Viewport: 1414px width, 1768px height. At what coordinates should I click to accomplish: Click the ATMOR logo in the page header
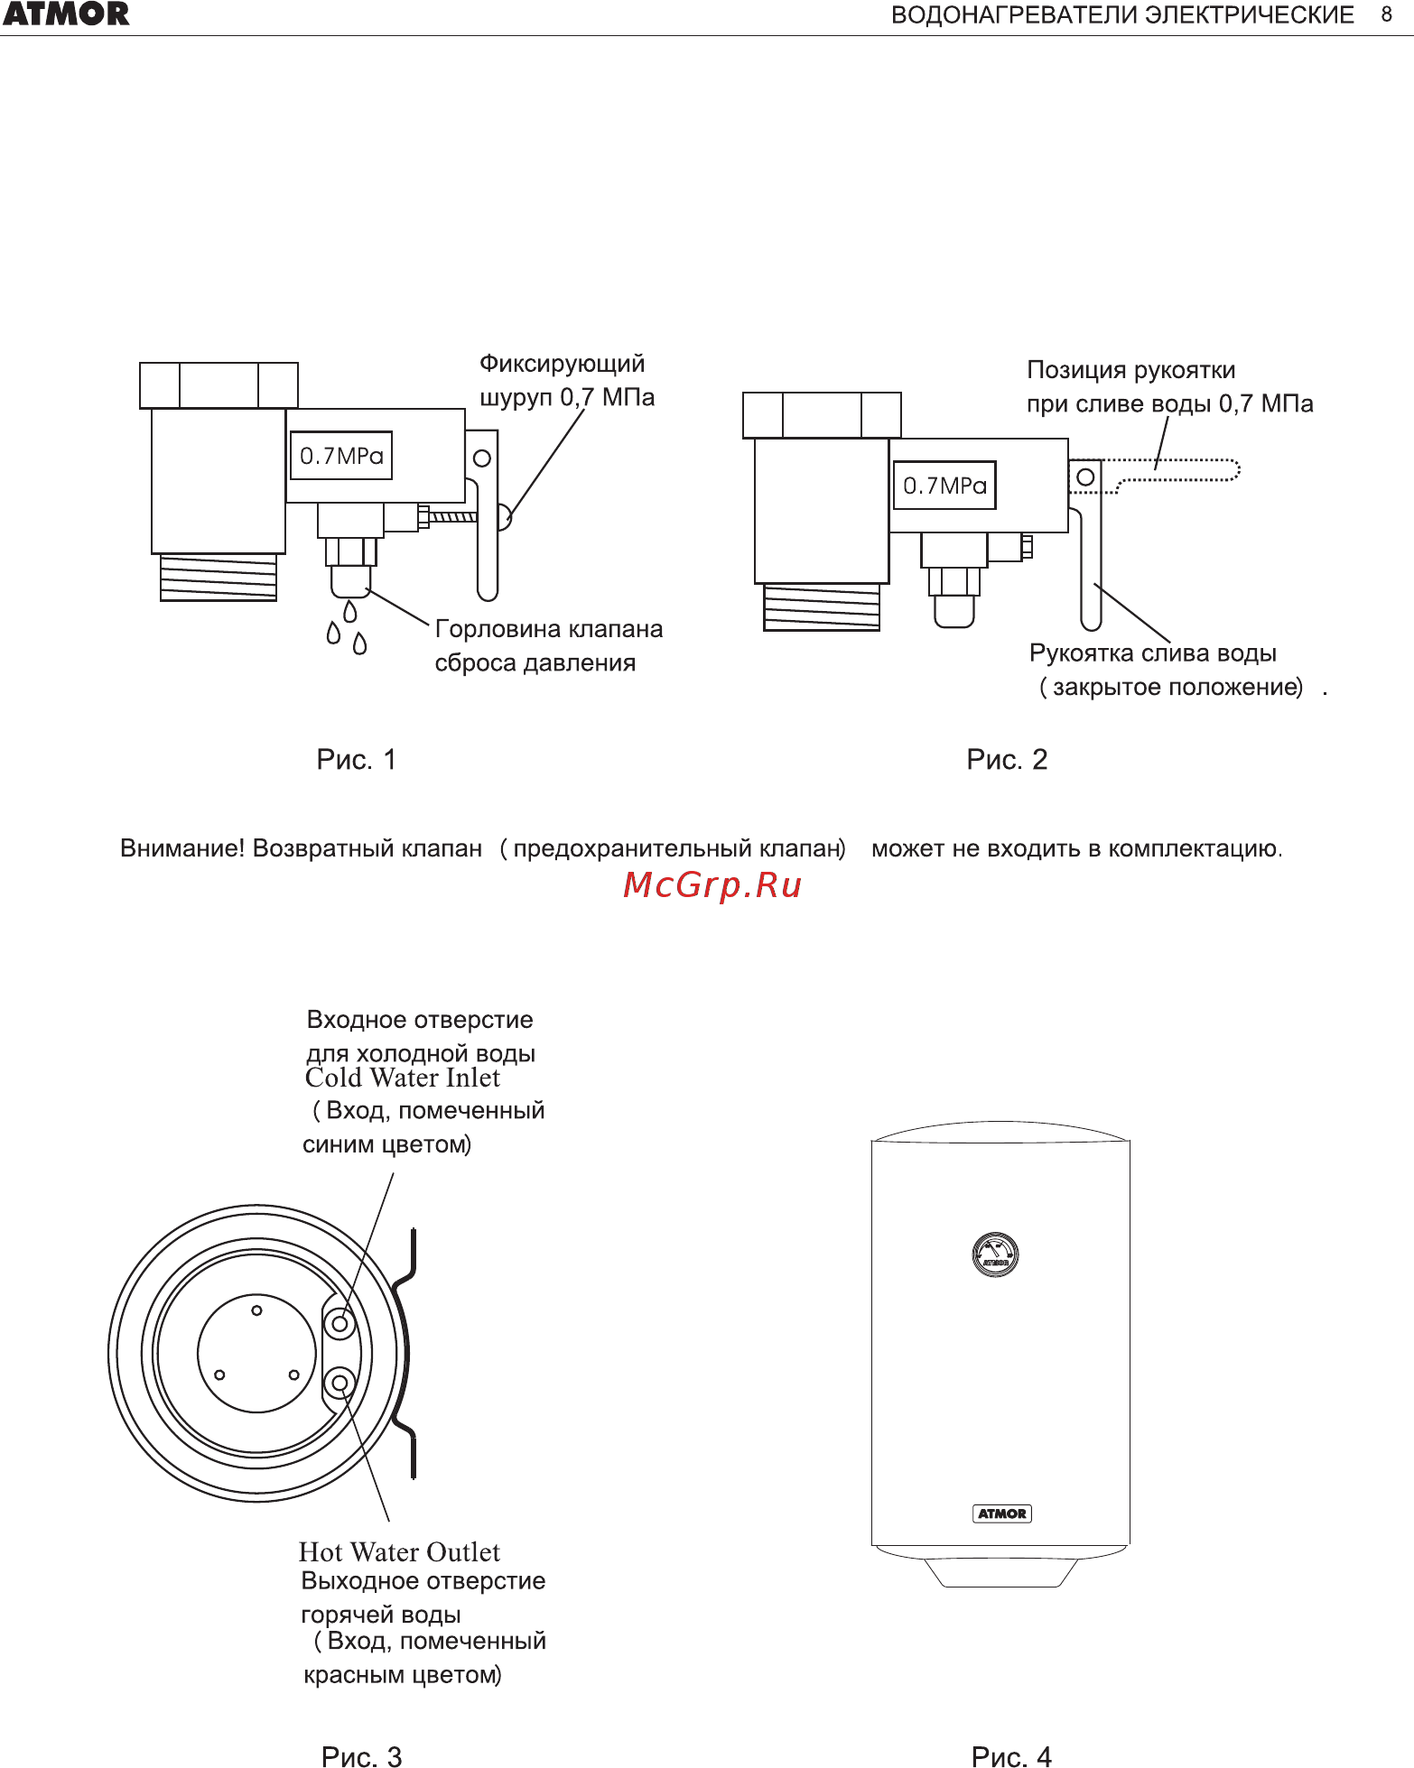[66, 14]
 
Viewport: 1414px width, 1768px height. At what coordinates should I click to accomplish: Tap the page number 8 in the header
[1386, 14]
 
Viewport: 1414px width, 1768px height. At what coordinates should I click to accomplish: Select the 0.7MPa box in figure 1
[341, 456]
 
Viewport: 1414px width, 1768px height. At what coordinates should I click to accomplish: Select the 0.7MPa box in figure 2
[944, 486]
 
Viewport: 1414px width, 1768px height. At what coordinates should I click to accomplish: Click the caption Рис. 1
[356, 760]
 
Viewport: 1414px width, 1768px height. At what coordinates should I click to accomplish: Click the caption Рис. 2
[1007, 760]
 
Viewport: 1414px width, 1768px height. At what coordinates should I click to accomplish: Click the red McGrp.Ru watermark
[712, 885]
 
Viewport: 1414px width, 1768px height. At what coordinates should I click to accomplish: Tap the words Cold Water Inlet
[402, 1078]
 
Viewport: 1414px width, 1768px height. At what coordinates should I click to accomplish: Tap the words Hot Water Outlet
[399, 1552]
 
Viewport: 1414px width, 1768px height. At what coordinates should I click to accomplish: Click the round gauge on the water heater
[995, 1254]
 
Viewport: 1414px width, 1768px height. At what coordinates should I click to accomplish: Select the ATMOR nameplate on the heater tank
[1002, 1513]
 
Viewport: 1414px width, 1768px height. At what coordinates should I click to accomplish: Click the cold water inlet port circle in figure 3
[340, 1325]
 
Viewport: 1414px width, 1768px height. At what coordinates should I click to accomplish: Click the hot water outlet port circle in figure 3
[340, 1383]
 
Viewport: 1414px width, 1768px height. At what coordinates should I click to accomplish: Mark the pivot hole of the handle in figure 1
[482, 458]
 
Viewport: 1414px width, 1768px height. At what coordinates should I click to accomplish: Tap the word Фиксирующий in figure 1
[562, 364]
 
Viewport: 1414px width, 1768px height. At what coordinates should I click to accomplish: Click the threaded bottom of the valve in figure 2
[822, 607]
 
